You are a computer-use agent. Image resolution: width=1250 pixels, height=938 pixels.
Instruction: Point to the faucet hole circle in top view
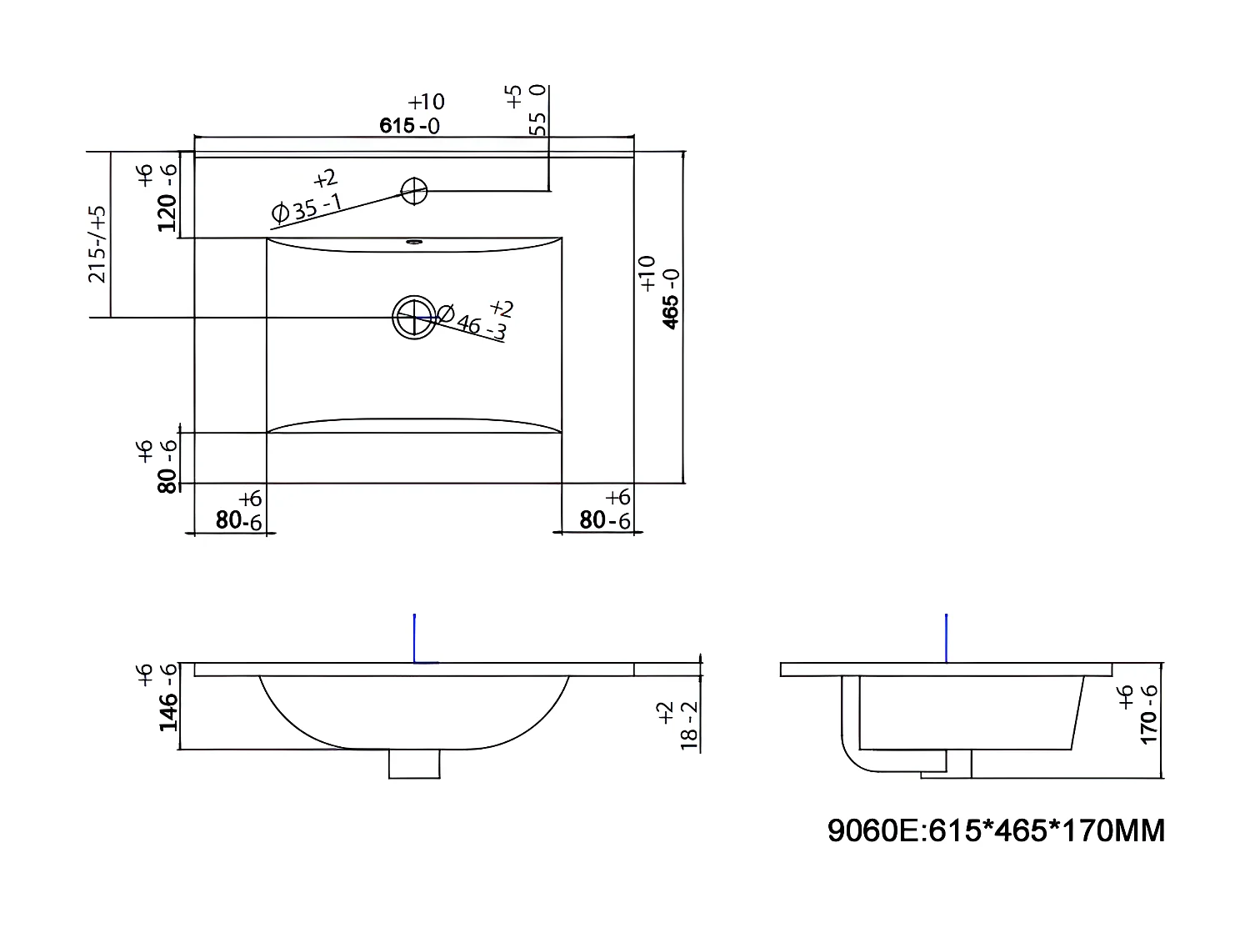coord(414,191)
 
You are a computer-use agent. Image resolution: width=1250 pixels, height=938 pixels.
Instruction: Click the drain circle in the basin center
coord(414,317)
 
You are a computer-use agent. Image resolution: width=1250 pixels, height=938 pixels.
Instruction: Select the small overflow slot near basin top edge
coord(413,243)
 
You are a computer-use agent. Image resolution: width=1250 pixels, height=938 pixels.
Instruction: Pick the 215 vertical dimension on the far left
coord(98,243)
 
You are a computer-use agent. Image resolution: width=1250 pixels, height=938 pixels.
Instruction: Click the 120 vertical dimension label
coord(167,212)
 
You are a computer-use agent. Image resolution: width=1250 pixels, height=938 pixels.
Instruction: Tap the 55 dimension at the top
coord(538,123)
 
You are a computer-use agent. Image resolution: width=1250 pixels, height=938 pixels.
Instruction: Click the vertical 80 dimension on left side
coord(167,479)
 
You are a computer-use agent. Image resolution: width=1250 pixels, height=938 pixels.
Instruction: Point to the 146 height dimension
coord(167,710)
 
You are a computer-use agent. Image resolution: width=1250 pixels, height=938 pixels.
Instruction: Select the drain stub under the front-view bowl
coord(414,764)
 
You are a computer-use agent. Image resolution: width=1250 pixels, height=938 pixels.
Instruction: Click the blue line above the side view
coord(947,638)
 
